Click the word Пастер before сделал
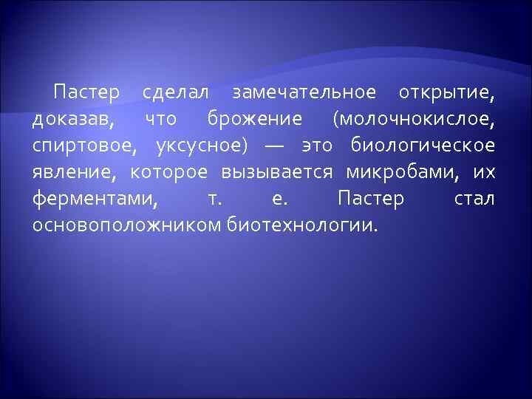tap(86, 94)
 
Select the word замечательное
tap(304, 94)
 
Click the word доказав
tap(72, 120)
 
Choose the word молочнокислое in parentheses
tap(414, 120)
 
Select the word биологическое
tap(423, 146)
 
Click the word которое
tap(171, 172)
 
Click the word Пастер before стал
tap(370, 198)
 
